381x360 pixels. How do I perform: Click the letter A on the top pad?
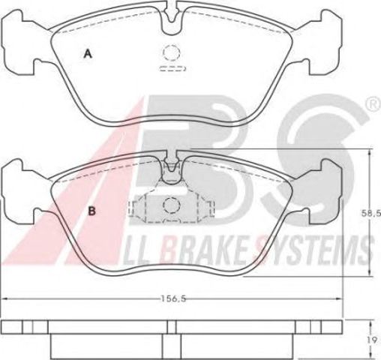88,54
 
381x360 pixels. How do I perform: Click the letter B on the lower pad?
92,211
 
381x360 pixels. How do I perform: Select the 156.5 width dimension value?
173,298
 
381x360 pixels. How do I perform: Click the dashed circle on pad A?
171,52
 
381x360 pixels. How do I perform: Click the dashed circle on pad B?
172,205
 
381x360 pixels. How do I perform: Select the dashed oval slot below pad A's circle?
172,68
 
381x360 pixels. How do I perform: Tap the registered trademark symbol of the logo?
374,104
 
